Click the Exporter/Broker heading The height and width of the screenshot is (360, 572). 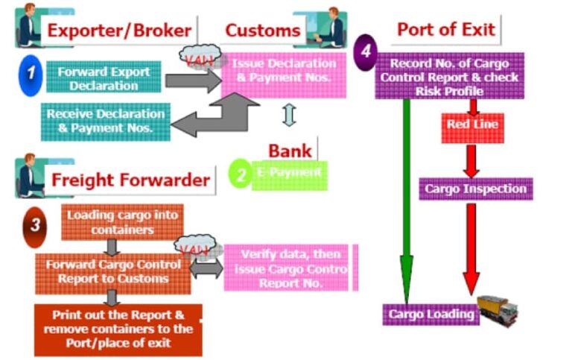pyautogui.click(x=120, y=31)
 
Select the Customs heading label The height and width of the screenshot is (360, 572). pyautogui.click(x=262, y=31)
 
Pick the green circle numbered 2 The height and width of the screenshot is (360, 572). pyautogui.click(x=241, y=174)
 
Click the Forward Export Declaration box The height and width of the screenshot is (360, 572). pyautogui.click(x=104, y=78)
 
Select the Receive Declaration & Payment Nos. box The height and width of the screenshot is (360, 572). pyautogui.click(x=105, y=121)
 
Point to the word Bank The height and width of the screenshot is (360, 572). pyautogui.click(x=290, y=151)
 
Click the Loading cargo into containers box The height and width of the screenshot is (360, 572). pyautogui.click(x=121, y=222)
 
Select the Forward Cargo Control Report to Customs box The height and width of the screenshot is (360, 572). pyautogui.click(x=112, y=271)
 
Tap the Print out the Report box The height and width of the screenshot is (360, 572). pyautogui.click(x=118, y=329)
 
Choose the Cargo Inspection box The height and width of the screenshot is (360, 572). pyautogui.click(x=475, y=189)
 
